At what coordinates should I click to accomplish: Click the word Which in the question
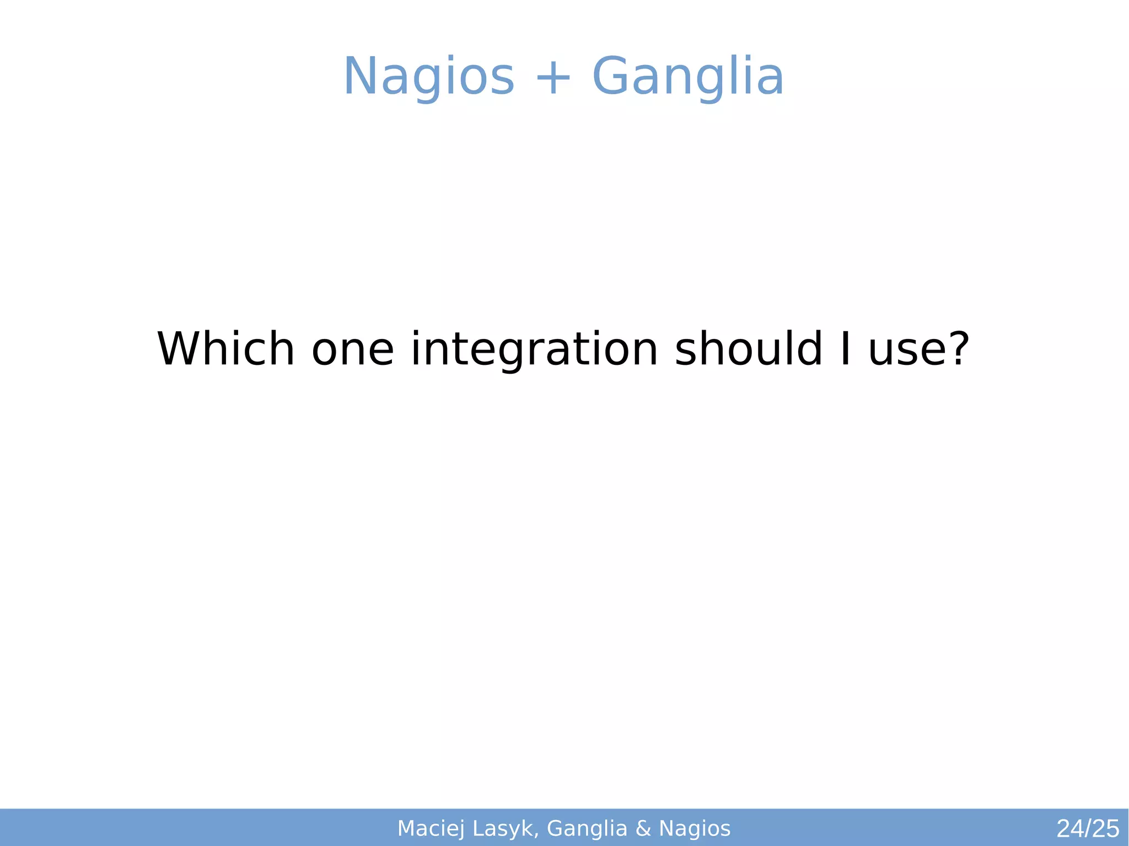(x=226, y=349)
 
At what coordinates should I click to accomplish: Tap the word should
(x=749, y=349)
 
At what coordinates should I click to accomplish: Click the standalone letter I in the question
(x=846, y=349)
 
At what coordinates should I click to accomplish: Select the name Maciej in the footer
(x=431, y=828)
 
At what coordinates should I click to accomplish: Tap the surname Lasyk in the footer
(x=505, y=828)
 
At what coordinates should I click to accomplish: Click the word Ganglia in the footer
(x=587, y=828)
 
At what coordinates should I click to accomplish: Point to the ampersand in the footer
(x=643, y=828)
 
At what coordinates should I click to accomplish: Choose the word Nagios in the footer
(x=695, y=828)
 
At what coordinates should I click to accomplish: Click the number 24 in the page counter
(x=1069, y=829)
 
